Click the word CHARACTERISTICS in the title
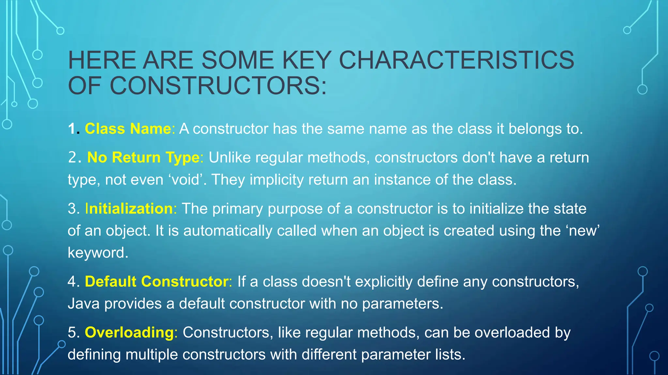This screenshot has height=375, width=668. coord(457,60)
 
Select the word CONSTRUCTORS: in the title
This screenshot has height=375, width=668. coord(218,86)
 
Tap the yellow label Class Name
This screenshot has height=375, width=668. coord(128,129)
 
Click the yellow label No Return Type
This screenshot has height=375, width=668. coord(143,158)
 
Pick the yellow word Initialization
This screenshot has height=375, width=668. coord(129,209)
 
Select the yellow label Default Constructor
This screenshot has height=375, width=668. coord(157,282)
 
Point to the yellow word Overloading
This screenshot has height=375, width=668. coord(129,333)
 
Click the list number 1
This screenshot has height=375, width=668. coord(72,129)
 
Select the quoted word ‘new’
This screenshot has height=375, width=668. coord(583,231)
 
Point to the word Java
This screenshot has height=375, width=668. coord(83,304)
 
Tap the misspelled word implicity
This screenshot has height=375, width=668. coord(277,180)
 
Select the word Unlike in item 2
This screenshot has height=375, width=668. coord(230,158)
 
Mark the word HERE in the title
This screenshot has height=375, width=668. coord(102,60)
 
